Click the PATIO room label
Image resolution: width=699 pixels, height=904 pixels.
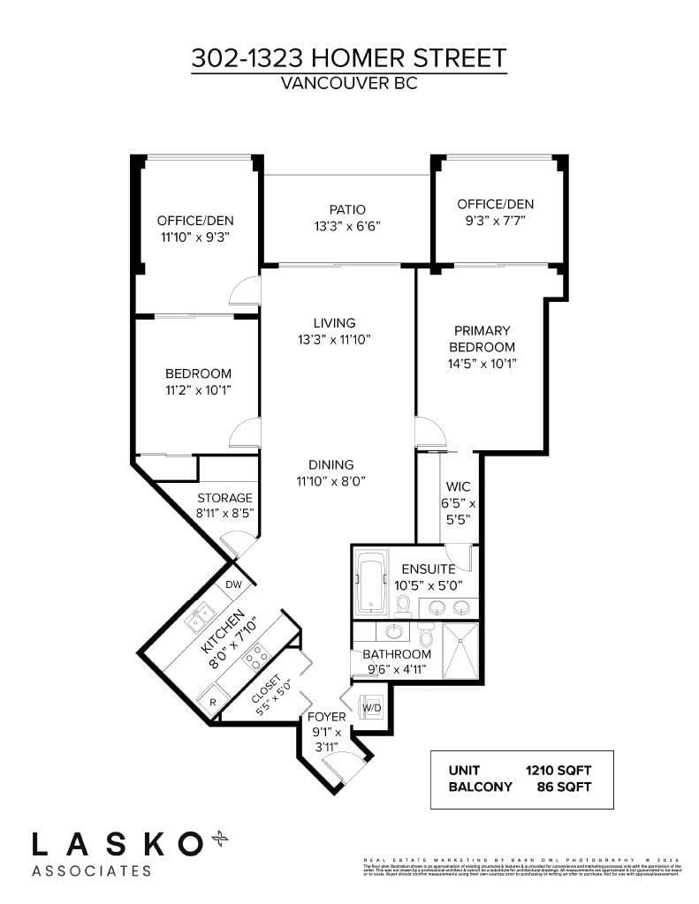347,210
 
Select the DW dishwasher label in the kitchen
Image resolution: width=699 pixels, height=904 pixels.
233,584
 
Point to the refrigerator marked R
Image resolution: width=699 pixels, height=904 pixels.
211,703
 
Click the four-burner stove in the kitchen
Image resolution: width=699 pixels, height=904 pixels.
256,655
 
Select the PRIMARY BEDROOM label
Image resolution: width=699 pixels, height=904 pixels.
482,339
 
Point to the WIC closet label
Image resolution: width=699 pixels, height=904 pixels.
459,487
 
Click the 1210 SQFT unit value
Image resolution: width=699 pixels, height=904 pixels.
558,769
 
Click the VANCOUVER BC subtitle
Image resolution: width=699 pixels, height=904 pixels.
348,85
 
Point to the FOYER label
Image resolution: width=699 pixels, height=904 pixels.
325,717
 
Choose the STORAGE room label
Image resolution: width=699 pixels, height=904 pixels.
224,498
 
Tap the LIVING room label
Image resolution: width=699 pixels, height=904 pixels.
334,323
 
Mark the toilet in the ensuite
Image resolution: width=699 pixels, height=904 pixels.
403,605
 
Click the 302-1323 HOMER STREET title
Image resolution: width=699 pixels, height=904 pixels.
349,58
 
